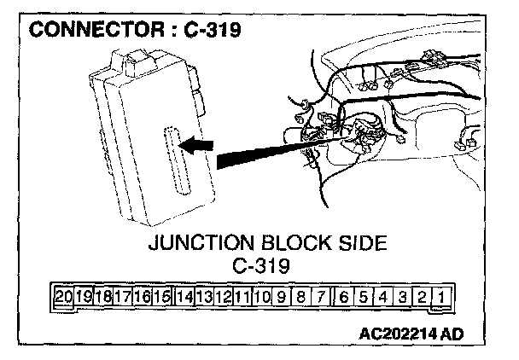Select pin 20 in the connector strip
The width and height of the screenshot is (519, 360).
click(x=62, y=298)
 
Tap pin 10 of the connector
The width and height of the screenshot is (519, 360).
click(x=261, y=298)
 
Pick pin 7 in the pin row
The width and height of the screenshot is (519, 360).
click(x=321, y=298)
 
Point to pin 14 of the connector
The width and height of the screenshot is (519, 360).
click(x=183, y=298)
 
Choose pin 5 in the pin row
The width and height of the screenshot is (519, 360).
click(x=364, y=298)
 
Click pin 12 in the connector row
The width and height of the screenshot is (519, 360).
click(x=223, y=298)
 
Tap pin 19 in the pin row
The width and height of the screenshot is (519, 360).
click(x=83, y=298)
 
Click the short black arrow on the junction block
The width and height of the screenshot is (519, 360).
click(x=199, y=146)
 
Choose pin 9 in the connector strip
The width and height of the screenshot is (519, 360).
click(x=282, y=298)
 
